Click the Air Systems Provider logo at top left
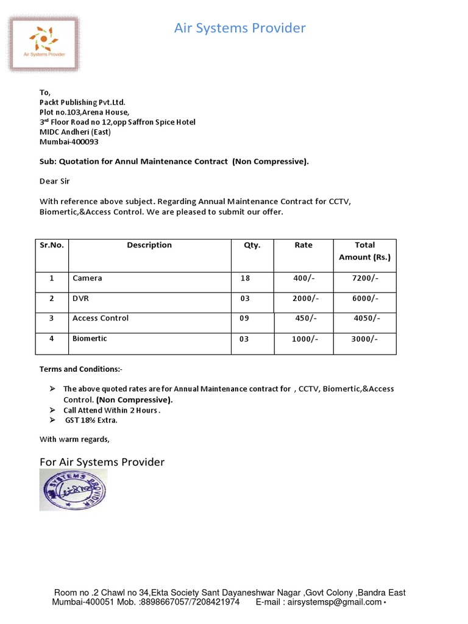click(43, 45)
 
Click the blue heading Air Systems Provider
click(240, 28)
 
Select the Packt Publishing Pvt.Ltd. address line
click(82, 102)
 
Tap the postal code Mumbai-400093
click(69, 141)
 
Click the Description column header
click(149, 245)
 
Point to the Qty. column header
click(252, 245)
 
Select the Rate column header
click(303, 245)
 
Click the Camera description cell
click(87, 278)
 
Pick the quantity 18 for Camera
click(245, 278)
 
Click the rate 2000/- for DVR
click(304, 299)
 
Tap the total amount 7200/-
click(365, 278)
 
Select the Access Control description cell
click(101, 318)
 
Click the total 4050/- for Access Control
click(367, 318)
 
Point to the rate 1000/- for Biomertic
click(304, 339)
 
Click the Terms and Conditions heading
click(81, 369)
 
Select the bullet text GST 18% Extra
click(91, 420)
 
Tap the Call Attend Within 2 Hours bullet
click(112, 410)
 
